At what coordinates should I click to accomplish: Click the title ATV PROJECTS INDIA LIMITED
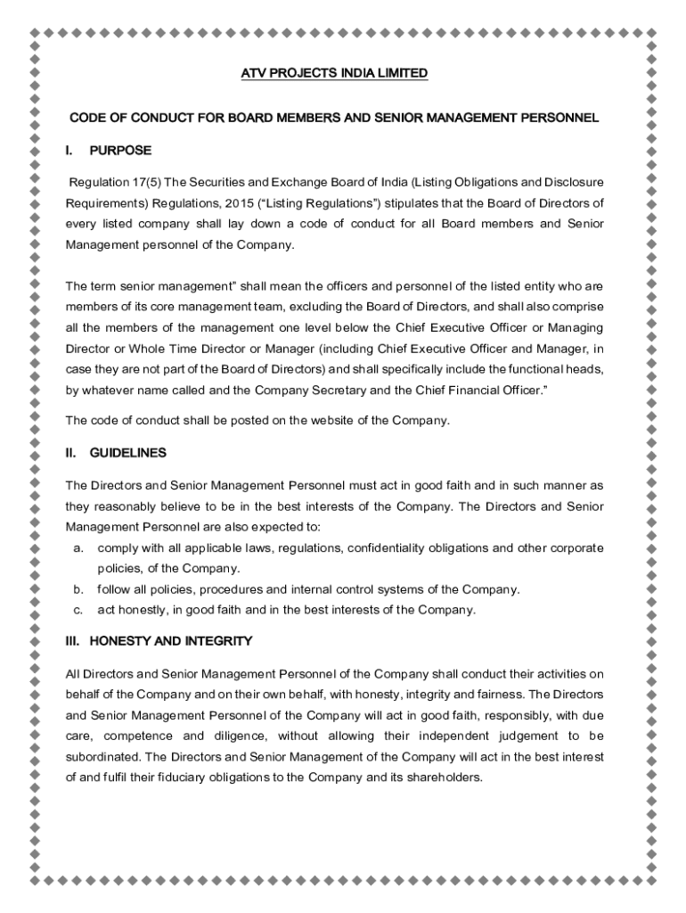click(335, 73)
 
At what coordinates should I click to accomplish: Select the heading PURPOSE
click(120, 150)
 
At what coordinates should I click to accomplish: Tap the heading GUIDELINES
click(127, 453)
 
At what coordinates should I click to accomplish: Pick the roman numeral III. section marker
click(74, 641)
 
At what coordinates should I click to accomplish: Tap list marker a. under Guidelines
click(78, 547)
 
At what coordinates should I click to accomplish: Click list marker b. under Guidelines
click(78, 589)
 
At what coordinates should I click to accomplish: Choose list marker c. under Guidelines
click(78, 610)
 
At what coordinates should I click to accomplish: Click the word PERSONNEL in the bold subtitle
click(559, 117)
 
